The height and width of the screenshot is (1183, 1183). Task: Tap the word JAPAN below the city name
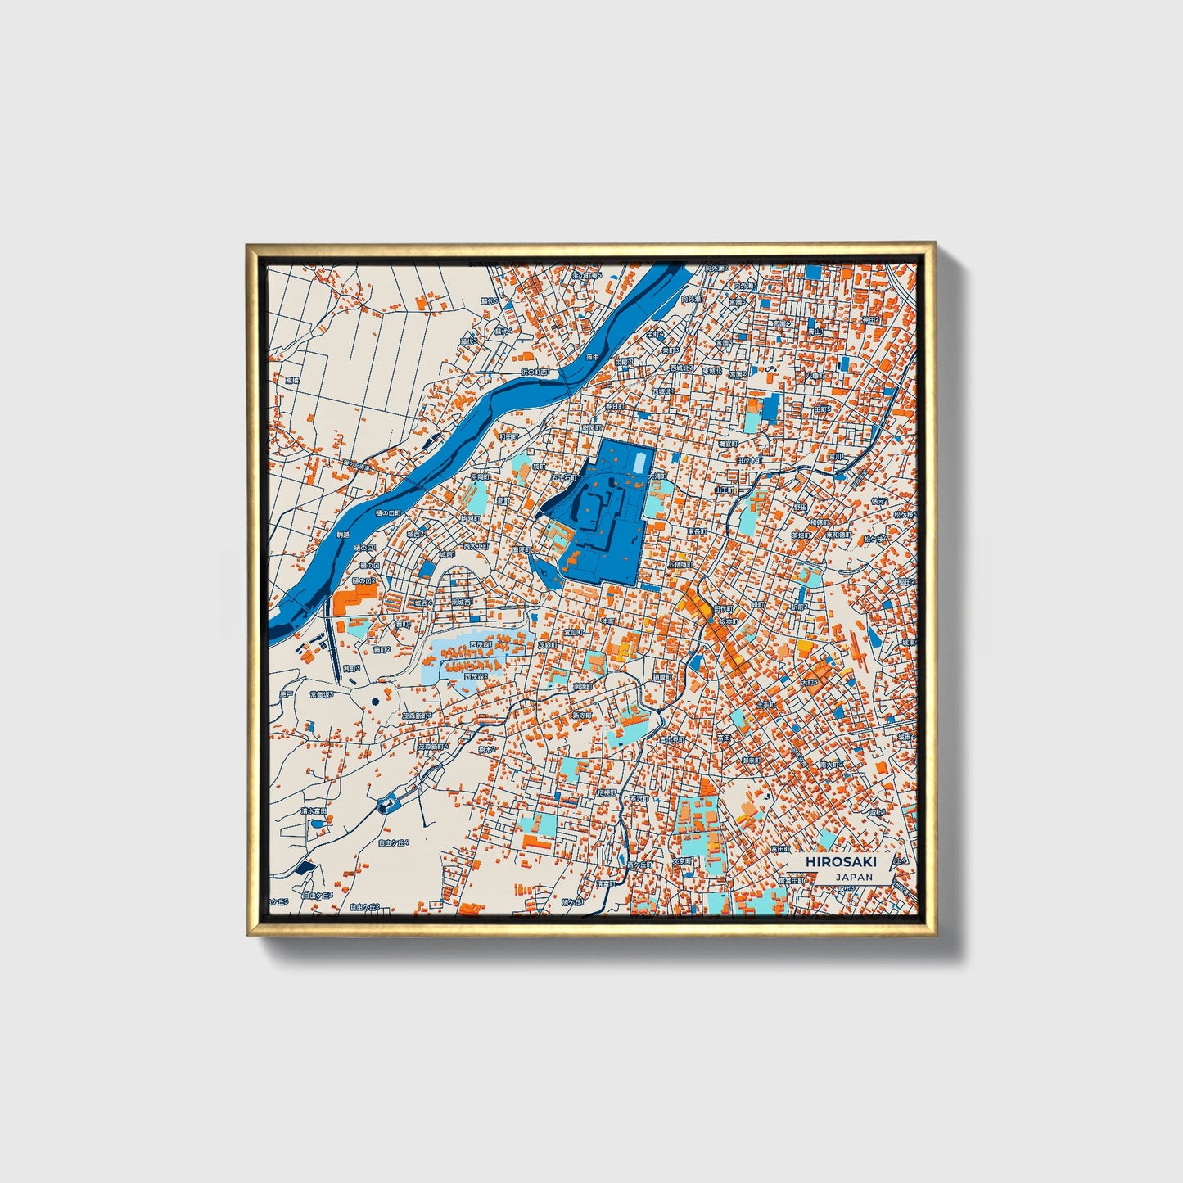(854, 877)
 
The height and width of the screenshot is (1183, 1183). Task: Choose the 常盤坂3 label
(321, 694)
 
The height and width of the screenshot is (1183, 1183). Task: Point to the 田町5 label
(822, 409)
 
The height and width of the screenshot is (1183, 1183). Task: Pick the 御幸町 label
(750, 760)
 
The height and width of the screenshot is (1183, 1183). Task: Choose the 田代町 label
(724, 609)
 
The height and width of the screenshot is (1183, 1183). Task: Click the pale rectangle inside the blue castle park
(639, 463)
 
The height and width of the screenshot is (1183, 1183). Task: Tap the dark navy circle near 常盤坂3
(374, 702)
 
